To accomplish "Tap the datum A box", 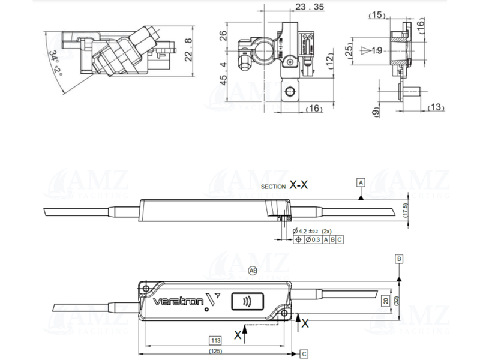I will pos(361,181).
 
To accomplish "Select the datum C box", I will pos(304,353).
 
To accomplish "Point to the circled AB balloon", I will pos(253,271).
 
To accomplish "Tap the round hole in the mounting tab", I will pos(291,92).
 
